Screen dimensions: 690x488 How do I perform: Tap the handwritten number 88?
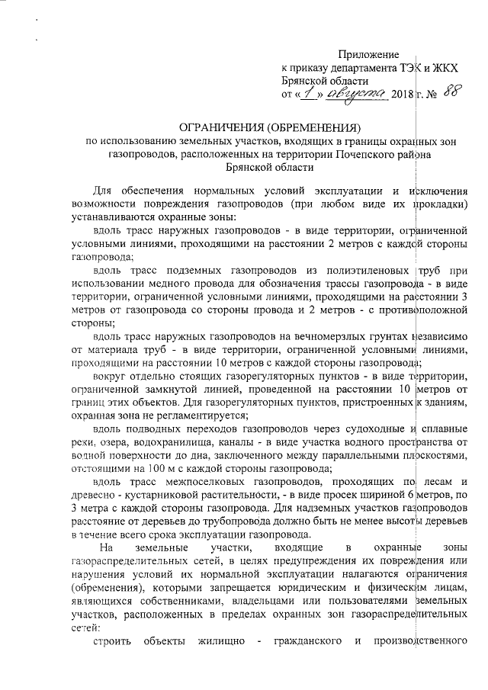452,95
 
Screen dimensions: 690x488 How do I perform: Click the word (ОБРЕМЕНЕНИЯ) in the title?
313,127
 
